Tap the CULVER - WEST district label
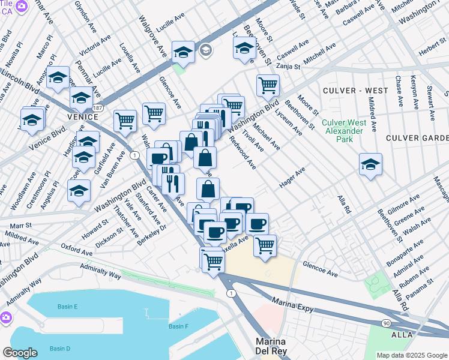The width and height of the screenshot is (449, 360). click(x=355, y=91)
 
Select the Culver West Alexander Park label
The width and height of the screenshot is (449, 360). click(x=342, y=131)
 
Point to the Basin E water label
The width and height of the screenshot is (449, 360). click(x=68, y=307)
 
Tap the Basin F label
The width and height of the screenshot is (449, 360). click(x=178, y=326)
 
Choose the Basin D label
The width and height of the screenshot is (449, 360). click(x=59, y=349)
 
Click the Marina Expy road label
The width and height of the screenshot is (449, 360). click(x=294, y=303)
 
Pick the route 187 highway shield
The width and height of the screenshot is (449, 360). click(x=98, y=107)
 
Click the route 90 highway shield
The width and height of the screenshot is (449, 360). click(x=384, y=323)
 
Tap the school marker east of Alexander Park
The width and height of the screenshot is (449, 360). click(x=370, y=163)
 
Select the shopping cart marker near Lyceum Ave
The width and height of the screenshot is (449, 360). click(x=268, y=85)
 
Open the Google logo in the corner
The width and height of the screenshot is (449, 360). click(x=20, y=353)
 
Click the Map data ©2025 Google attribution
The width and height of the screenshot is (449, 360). click(x=412, y=355)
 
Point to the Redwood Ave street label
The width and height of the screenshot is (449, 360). click(x=243, y=152)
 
